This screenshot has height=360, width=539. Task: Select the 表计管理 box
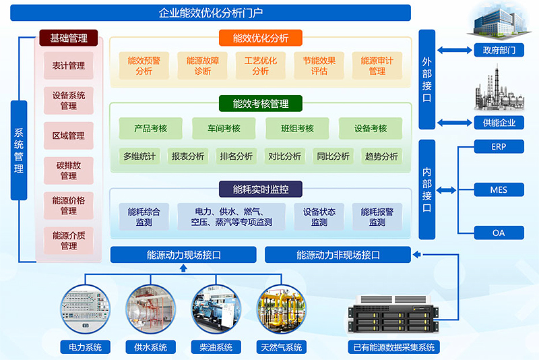(x=68, y=65)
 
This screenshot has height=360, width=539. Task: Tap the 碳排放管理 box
(x=68, y=171)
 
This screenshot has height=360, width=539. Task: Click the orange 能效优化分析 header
(x=260, y=38)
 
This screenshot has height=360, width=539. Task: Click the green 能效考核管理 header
(x=260, y=104)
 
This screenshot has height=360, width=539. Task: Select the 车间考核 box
(x=223, y=129)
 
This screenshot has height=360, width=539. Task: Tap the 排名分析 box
(x=236, y=156)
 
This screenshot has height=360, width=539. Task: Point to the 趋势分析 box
(x=381, y=156)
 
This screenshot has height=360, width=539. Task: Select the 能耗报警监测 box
(x=377, y=216)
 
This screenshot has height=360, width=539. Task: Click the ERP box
(x=499, y=146)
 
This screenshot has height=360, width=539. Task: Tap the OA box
(x=499, y=233)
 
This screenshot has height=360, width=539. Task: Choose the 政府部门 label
(x=499, y=50)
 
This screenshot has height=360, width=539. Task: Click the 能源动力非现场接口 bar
(x=338, y=255)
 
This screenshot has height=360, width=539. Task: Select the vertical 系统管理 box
(x=19, y=150)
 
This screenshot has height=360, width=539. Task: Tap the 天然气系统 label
(x=281, y=348)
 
